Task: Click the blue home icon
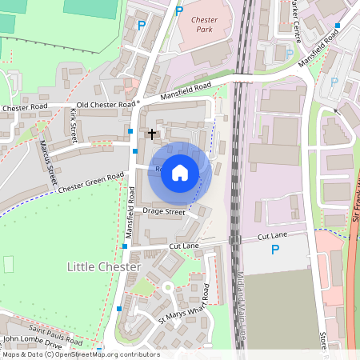180,172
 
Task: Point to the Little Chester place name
104,266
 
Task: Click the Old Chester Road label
105,105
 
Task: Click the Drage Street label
163,212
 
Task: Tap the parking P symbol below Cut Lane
275,250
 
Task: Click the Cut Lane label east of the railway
272,237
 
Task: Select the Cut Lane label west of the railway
184,246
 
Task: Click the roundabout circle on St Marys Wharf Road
168,287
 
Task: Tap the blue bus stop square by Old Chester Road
130,129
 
